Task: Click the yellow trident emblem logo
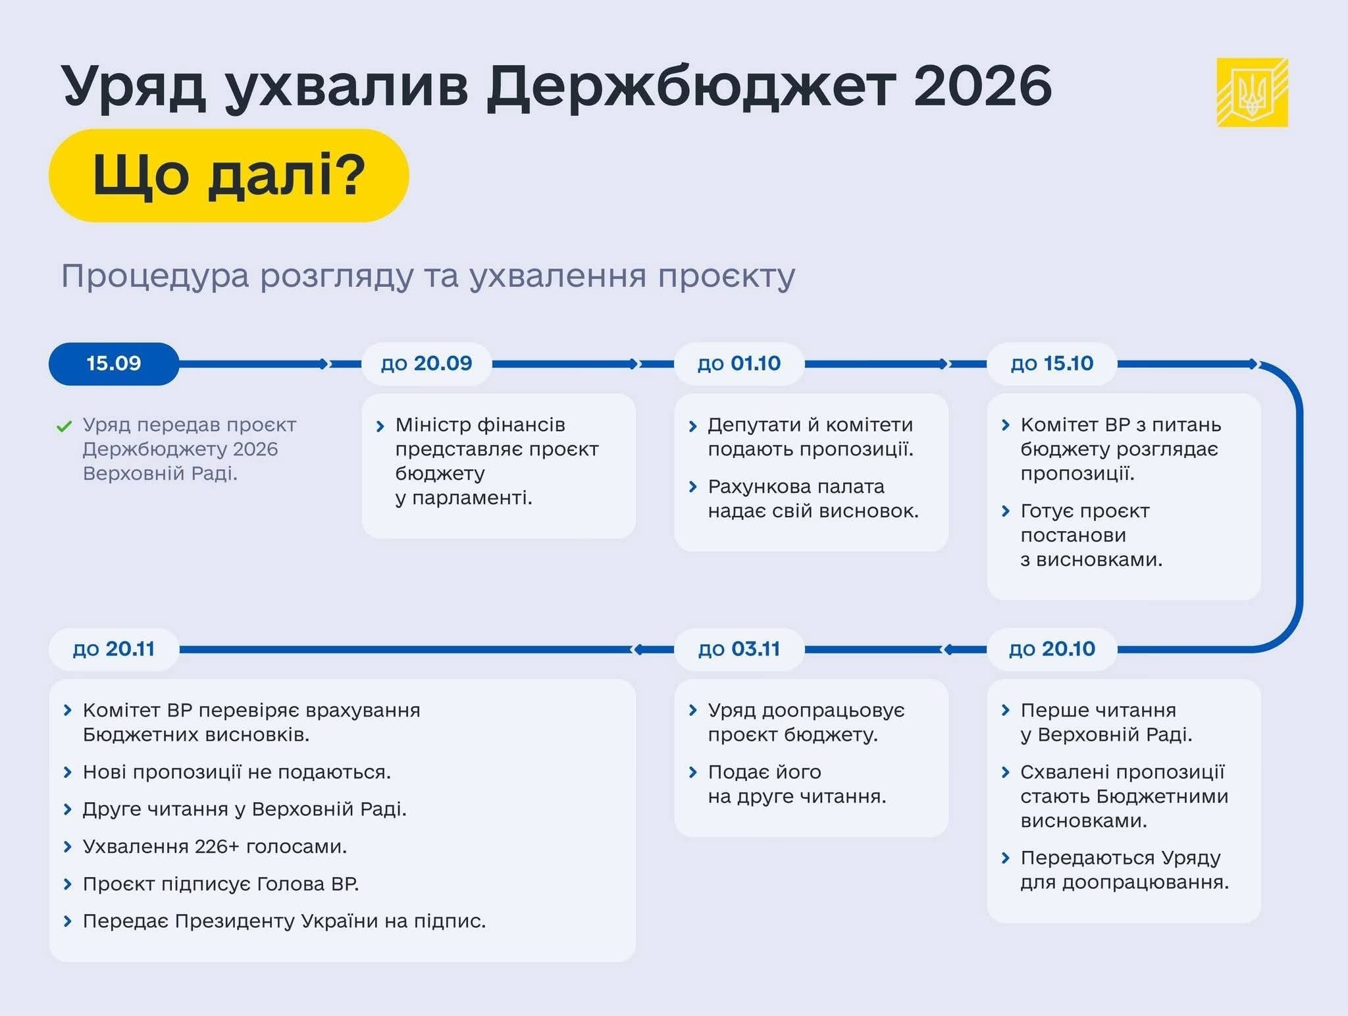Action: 1252,92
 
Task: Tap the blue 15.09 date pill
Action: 114,364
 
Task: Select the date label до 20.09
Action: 427,364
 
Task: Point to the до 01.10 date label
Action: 739,364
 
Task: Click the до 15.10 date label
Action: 1052,364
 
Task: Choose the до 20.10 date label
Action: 1052,649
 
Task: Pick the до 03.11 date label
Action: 739,649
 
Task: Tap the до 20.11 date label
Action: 114,649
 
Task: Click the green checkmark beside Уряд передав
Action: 64,426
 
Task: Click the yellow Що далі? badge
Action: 229,176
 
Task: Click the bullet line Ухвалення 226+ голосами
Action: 215,846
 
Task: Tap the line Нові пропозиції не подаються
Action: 237,772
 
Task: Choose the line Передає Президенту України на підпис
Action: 284,921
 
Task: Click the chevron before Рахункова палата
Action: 692,487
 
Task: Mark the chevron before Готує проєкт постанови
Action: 1005,511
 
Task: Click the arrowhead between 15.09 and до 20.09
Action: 324,364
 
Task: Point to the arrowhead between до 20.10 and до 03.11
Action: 948,649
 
